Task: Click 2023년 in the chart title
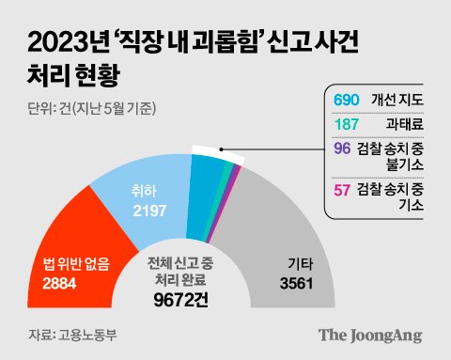click(x=65, y=42)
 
